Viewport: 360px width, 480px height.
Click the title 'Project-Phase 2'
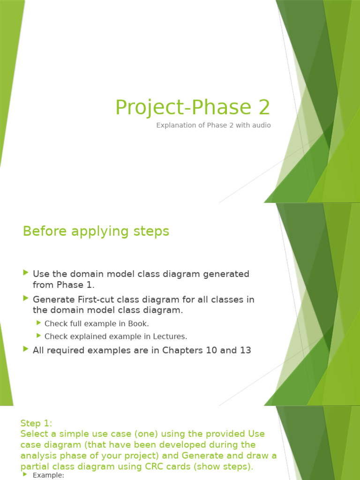pyautogui.click(x=193, y=107)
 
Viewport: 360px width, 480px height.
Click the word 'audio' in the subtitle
pyautogui.click(x=261, y=125)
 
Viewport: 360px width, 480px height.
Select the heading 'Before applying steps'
pyautogui.click(x=96, y=231)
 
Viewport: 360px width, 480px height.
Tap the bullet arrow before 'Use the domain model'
pyautogui.click(x=26, y=273)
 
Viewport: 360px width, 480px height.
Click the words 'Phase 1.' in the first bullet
pyautogui.click(x=75, y=285)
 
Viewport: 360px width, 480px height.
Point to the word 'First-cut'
pyautogui.click(x=97, y=299)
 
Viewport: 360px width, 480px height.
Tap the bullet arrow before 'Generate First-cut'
pyautogui.click(x=26, y=298)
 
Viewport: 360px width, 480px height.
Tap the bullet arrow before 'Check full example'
pyautogui.click(x=38, y=323)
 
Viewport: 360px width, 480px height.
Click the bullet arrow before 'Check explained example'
pyautogui.click(x=38, y=336)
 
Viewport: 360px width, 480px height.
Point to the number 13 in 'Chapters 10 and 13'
pyautogui.click(x=245, y=350)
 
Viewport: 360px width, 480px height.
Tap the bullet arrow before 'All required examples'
pyautogui.click(x=26, y=349)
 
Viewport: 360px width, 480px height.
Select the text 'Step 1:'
pyautogui.click(x=37, y=423)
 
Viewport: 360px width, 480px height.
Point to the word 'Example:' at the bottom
pyautogui.click(x=48, y=475)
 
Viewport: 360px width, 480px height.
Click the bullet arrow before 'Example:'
pyautogui.click(x=25, y=475)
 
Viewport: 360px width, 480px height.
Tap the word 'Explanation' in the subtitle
pyautogui.click(x=175, y=125)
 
